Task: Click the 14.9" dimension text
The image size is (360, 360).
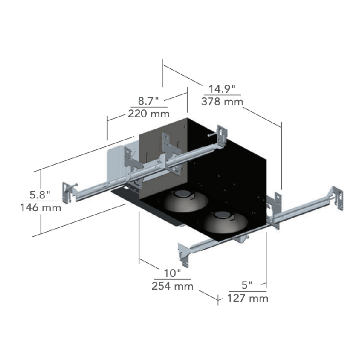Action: [x=222, y=89]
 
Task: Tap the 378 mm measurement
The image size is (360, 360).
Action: [x=222, y=102]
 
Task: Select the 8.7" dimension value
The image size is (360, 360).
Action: [x=148, y=101]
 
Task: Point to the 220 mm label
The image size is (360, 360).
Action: [x=149, y=113]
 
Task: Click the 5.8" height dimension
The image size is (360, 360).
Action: [x=40, y=195]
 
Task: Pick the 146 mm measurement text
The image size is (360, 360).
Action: [x=41, y=207]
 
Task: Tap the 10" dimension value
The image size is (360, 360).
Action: [x=172, y=273]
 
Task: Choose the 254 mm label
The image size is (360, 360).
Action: [x=172, y=286]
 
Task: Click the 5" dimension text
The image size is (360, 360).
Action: [x=247, y=285]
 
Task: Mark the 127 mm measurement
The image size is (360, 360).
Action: [x=248, y=298]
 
